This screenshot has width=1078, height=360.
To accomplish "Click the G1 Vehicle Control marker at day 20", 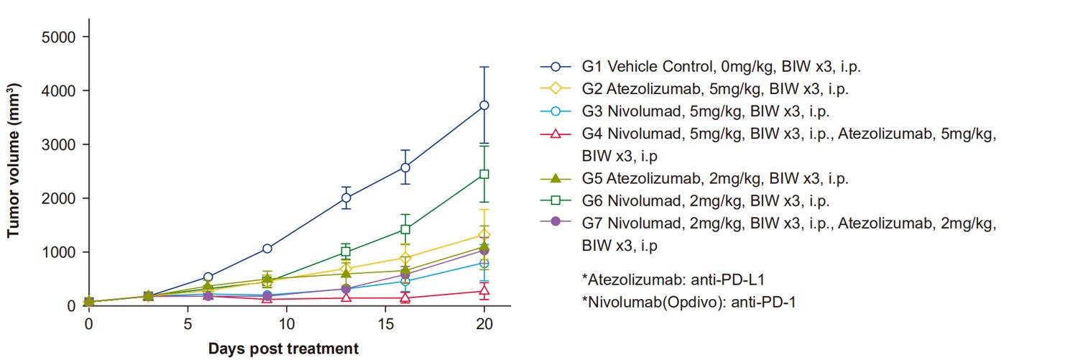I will tap(484, 105).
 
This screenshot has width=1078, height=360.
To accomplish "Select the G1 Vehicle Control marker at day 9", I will tap(267, 249).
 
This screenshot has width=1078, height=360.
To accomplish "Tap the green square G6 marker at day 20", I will tap(484, 174).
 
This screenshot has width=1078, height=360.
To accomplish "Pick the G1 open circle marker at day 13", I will tap(346, 198).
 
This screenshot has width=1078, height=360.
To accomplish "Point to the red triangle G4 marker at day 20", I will tap(484, 291).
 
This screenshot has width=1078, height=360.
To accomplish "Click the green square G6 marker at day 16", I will tap(405, 229).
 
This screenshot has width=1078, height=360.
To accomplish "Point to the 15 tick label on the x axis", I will tap(385, 324).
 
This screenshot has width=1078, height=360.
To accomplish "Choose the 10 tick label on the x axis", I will tap(286, 324).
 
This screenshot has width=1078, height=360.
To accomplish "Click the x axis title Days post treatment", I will tap(284, 350).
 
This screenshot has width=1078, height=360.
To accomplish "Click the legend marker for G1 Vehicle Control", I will tap(556, 67).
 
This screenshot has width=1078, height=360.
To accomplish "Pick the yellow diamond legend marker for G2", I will tap(556, 89).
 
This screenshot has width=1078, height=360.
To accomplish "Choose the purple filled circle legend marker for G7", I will tap(556, 223).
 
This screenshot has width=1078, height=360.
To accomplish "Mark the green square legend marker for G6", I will tap(556, 200).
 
